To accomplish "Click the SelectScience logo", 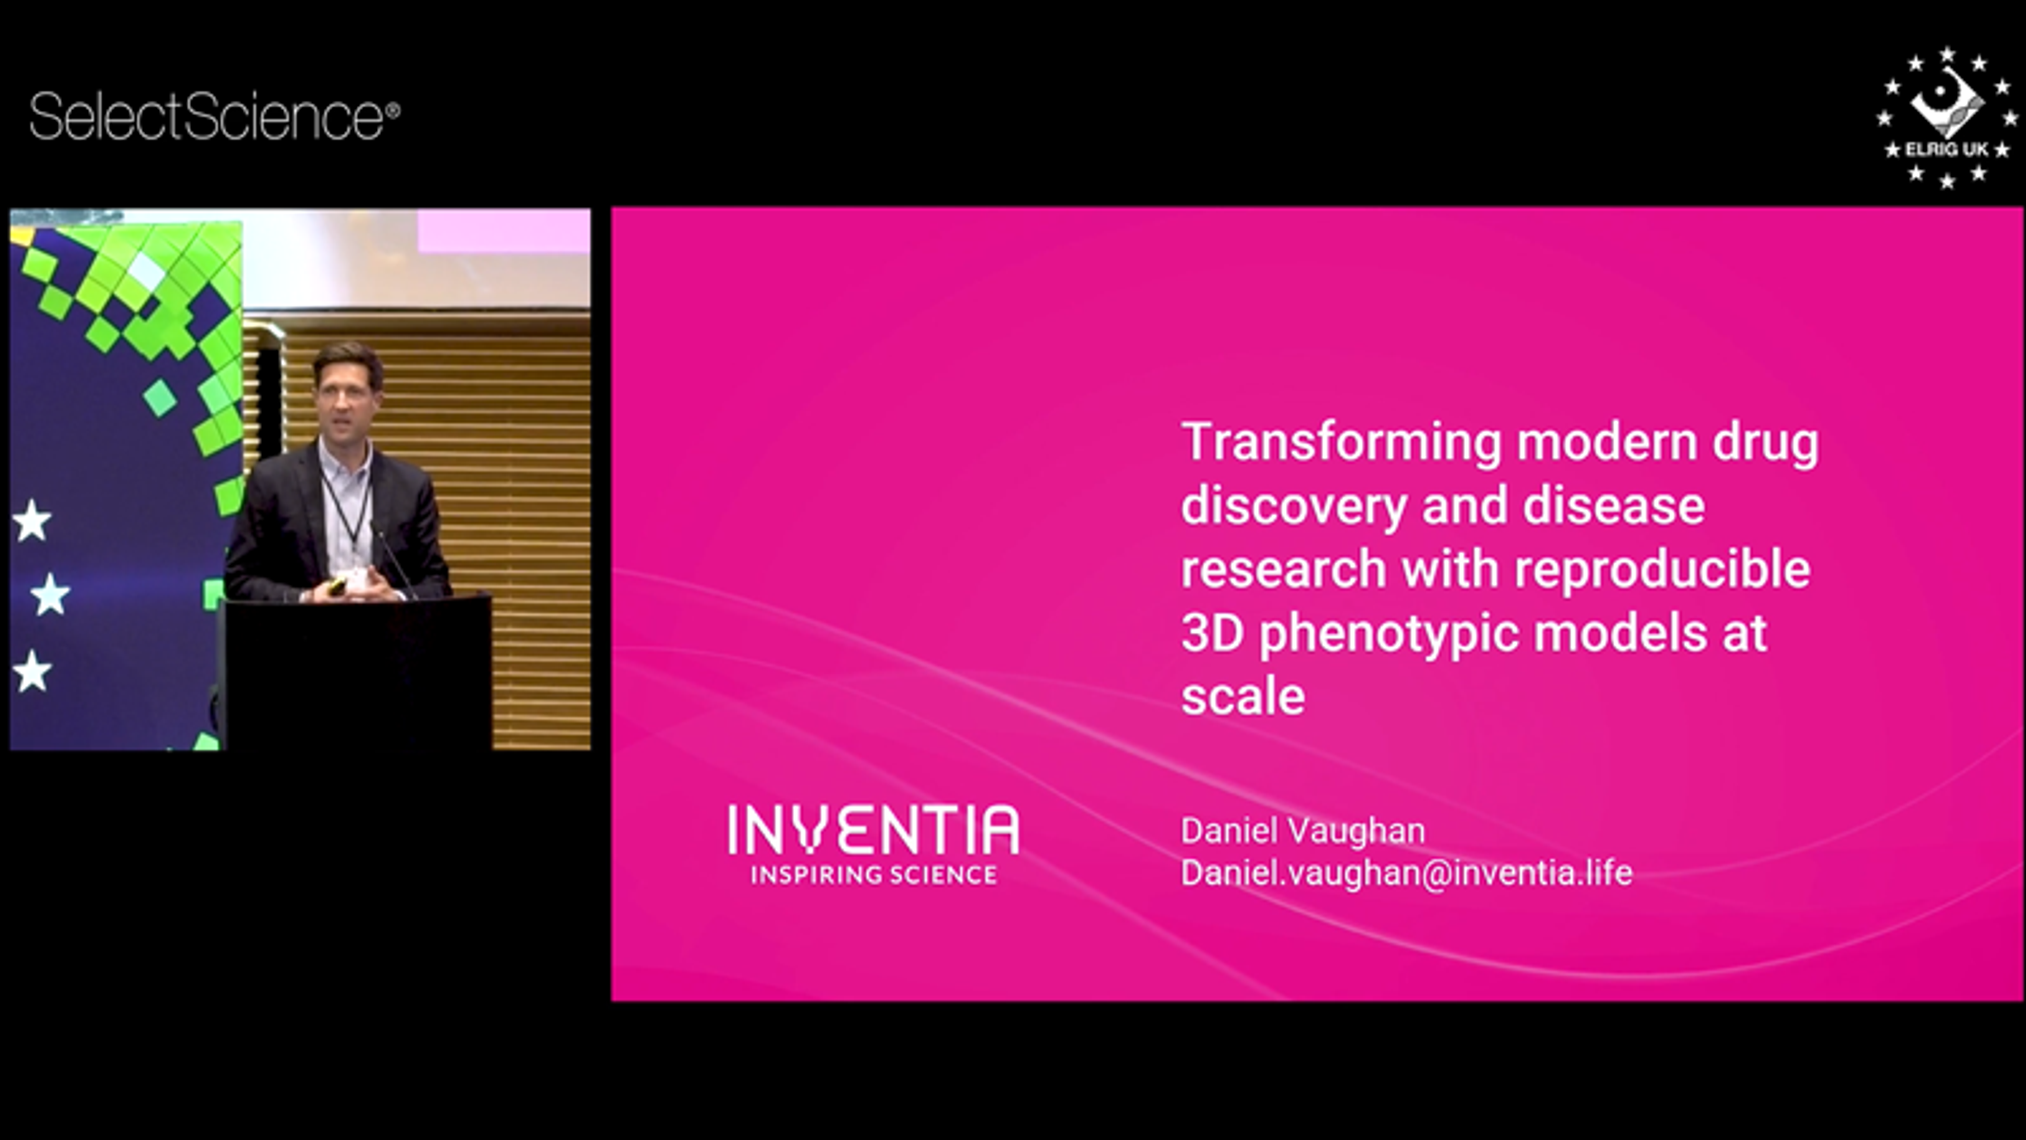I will (x=214, y=117).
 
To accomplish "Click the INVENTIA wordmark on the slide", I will (x=873, y=830).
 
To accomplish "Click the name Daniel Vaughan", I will (x=1303, y=831).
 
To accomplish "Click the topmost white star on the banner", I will (x=32, y=521).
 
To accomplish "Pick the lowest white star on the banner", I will (x=32, y=671).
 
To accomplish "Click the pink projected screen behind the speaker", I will (x=503, y=231).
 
